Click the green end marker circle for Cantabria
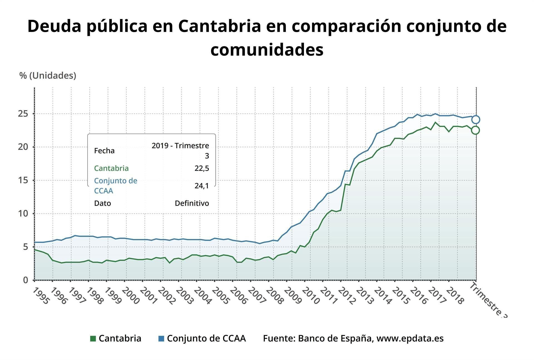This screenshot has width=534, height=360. [x=475, y=130]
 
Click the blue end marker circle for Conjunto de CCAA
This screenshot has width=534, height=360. [x=476, y=120]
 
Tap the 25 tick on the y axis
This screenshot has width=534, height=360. [x=23, y=114]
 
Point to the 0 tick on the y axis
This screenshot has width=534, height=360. [x=26, y=280]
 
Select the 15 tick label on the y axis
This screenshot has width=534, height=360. [x=23, y=180]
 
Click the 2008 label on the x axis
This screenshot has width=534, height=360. [x=274, y=296]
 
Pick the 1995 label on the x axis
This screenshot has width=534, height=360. [x=41, y=296]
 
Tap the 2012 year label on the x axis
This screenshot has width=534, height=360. [x=347, y=296]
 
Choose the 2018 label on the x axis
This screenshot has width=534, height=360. [x=454, y=296]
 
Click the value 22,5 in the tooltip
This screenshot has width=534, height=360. [x=202, y=168]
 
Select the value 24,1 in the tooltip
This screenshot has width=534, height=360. [x=202, y=186]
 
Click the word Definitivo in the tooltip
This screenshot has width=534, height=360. [x=192, y=203]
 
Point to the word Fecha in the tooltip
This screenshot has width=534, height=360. [x=104, y=151]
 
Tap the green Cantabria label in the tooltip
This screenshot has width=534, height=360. [x=111, y=168]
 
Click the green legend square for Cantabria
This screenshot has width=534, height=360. [x=93, y=339]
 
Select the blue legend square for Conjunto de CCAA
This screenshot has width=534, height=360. [x=161, y=339]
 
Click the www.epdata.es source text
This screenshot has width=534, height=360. [x=410, y=338]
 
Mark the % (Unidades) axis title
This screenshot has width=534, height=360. [x=48, y=75]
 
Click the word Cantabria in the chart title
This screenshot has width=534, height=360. [x=220, y=26]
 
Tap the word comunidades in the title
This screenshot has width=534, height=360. [x=267, y=50]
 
